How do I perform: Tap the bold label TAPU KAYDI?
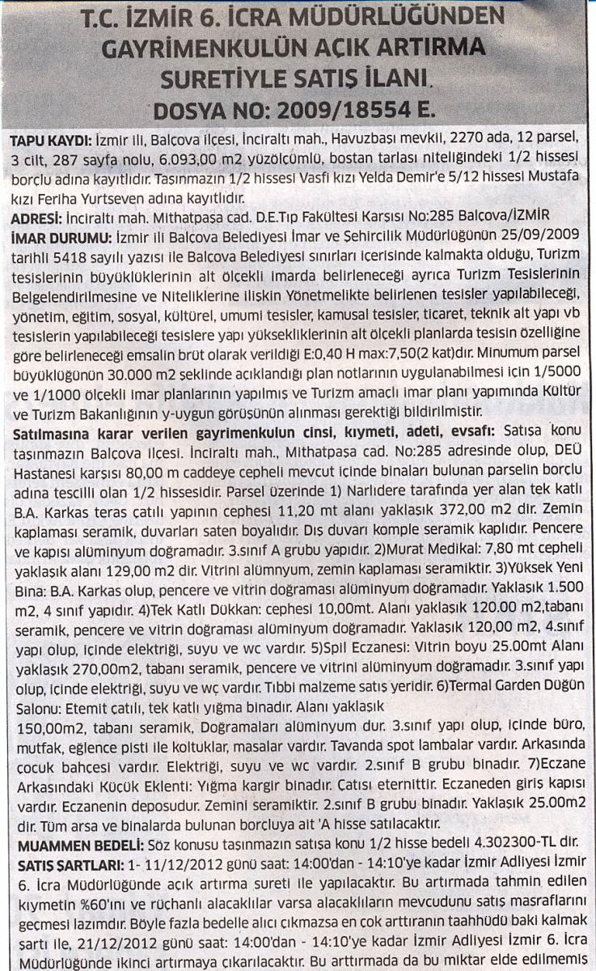click(45, 140)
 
